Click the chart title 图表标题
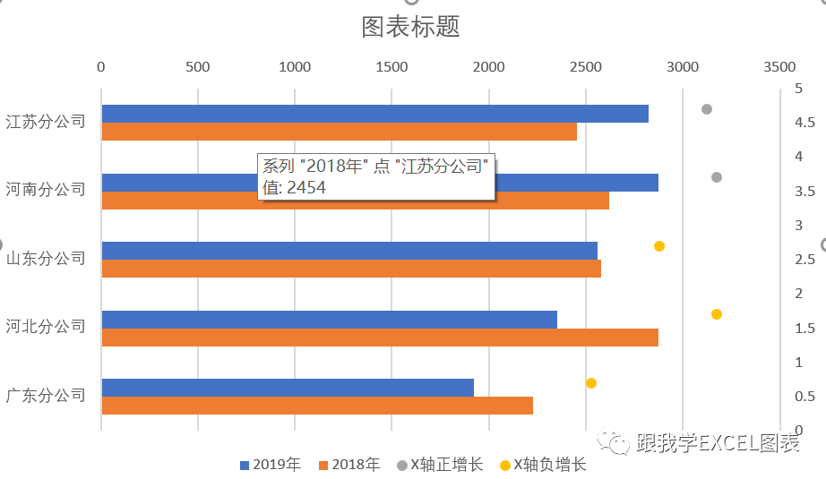point(410,27)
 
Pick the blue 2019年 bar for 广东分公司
point(287,388)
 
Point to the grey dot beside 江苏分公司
point(707,109)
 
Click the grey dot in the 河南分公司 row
point(717,177)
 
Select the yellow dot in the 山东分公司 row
point(659,246)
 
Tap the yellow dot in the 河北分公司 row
point(717,314)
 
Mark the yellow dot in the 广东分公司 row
point(591,383)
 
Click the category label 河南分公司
point(46,189)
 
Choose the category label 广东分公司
point(46,394)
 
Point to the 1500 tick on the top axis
point(391,67)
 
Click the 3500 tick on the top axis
point(779,67)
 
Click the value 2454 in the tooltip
point(305,187)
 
